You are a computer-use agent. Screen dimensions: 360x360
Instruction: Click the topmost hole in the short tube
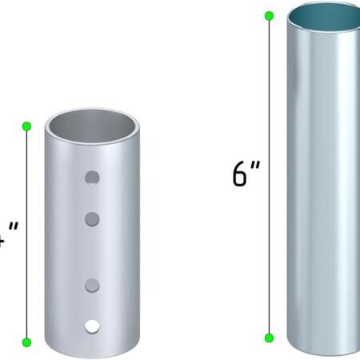[94, 177]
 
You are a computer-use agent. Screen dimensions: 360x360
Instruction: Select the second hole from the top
[93, 218]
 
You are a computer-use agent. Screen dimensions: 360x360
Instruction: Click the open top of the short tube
[92, 126]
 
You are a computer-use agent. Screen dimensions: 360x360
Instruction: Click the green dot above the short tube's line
[26, 126]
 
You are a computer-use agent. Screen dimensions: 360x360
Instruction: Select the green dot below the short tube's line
[26, 342]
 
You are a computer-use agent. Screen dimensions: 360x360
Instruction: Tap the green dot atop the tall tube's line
[269, 13]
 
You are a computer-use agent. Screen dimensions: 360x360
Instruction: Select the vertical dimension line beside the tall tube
[270, 175]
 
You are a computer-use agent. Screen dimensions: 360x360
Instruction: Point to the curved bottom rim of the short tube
[92, 352]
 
